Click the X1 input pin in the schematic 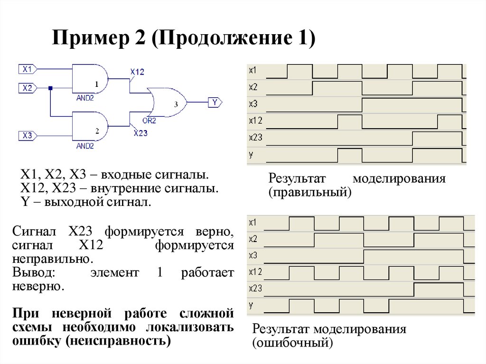pyautogui.click(x=27, y=69)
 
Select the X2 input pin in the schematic pyautogui.click(x=27, y=88)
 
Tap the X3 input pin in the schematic pyautogui.click(x=27, y=136)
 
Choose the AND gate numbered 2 pyautogui.click(x=90, y=126)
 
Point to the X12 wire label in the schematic pyautogui.click(x=137, y=72)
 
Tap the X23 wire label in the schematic pyautogui.click(x=140, y=133)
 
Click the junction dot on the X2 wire pyautogui.click(x=50, y=88)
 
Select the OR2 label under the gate pyautogui.click(x=149, y=121)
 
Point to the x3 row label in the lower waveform pyautogui.click(x=253, y=255)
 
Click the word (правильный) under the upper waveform pyautogui.click(x=310, y=193)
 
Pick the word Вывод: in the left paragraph pyautogui.click(x=34, y=273)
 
